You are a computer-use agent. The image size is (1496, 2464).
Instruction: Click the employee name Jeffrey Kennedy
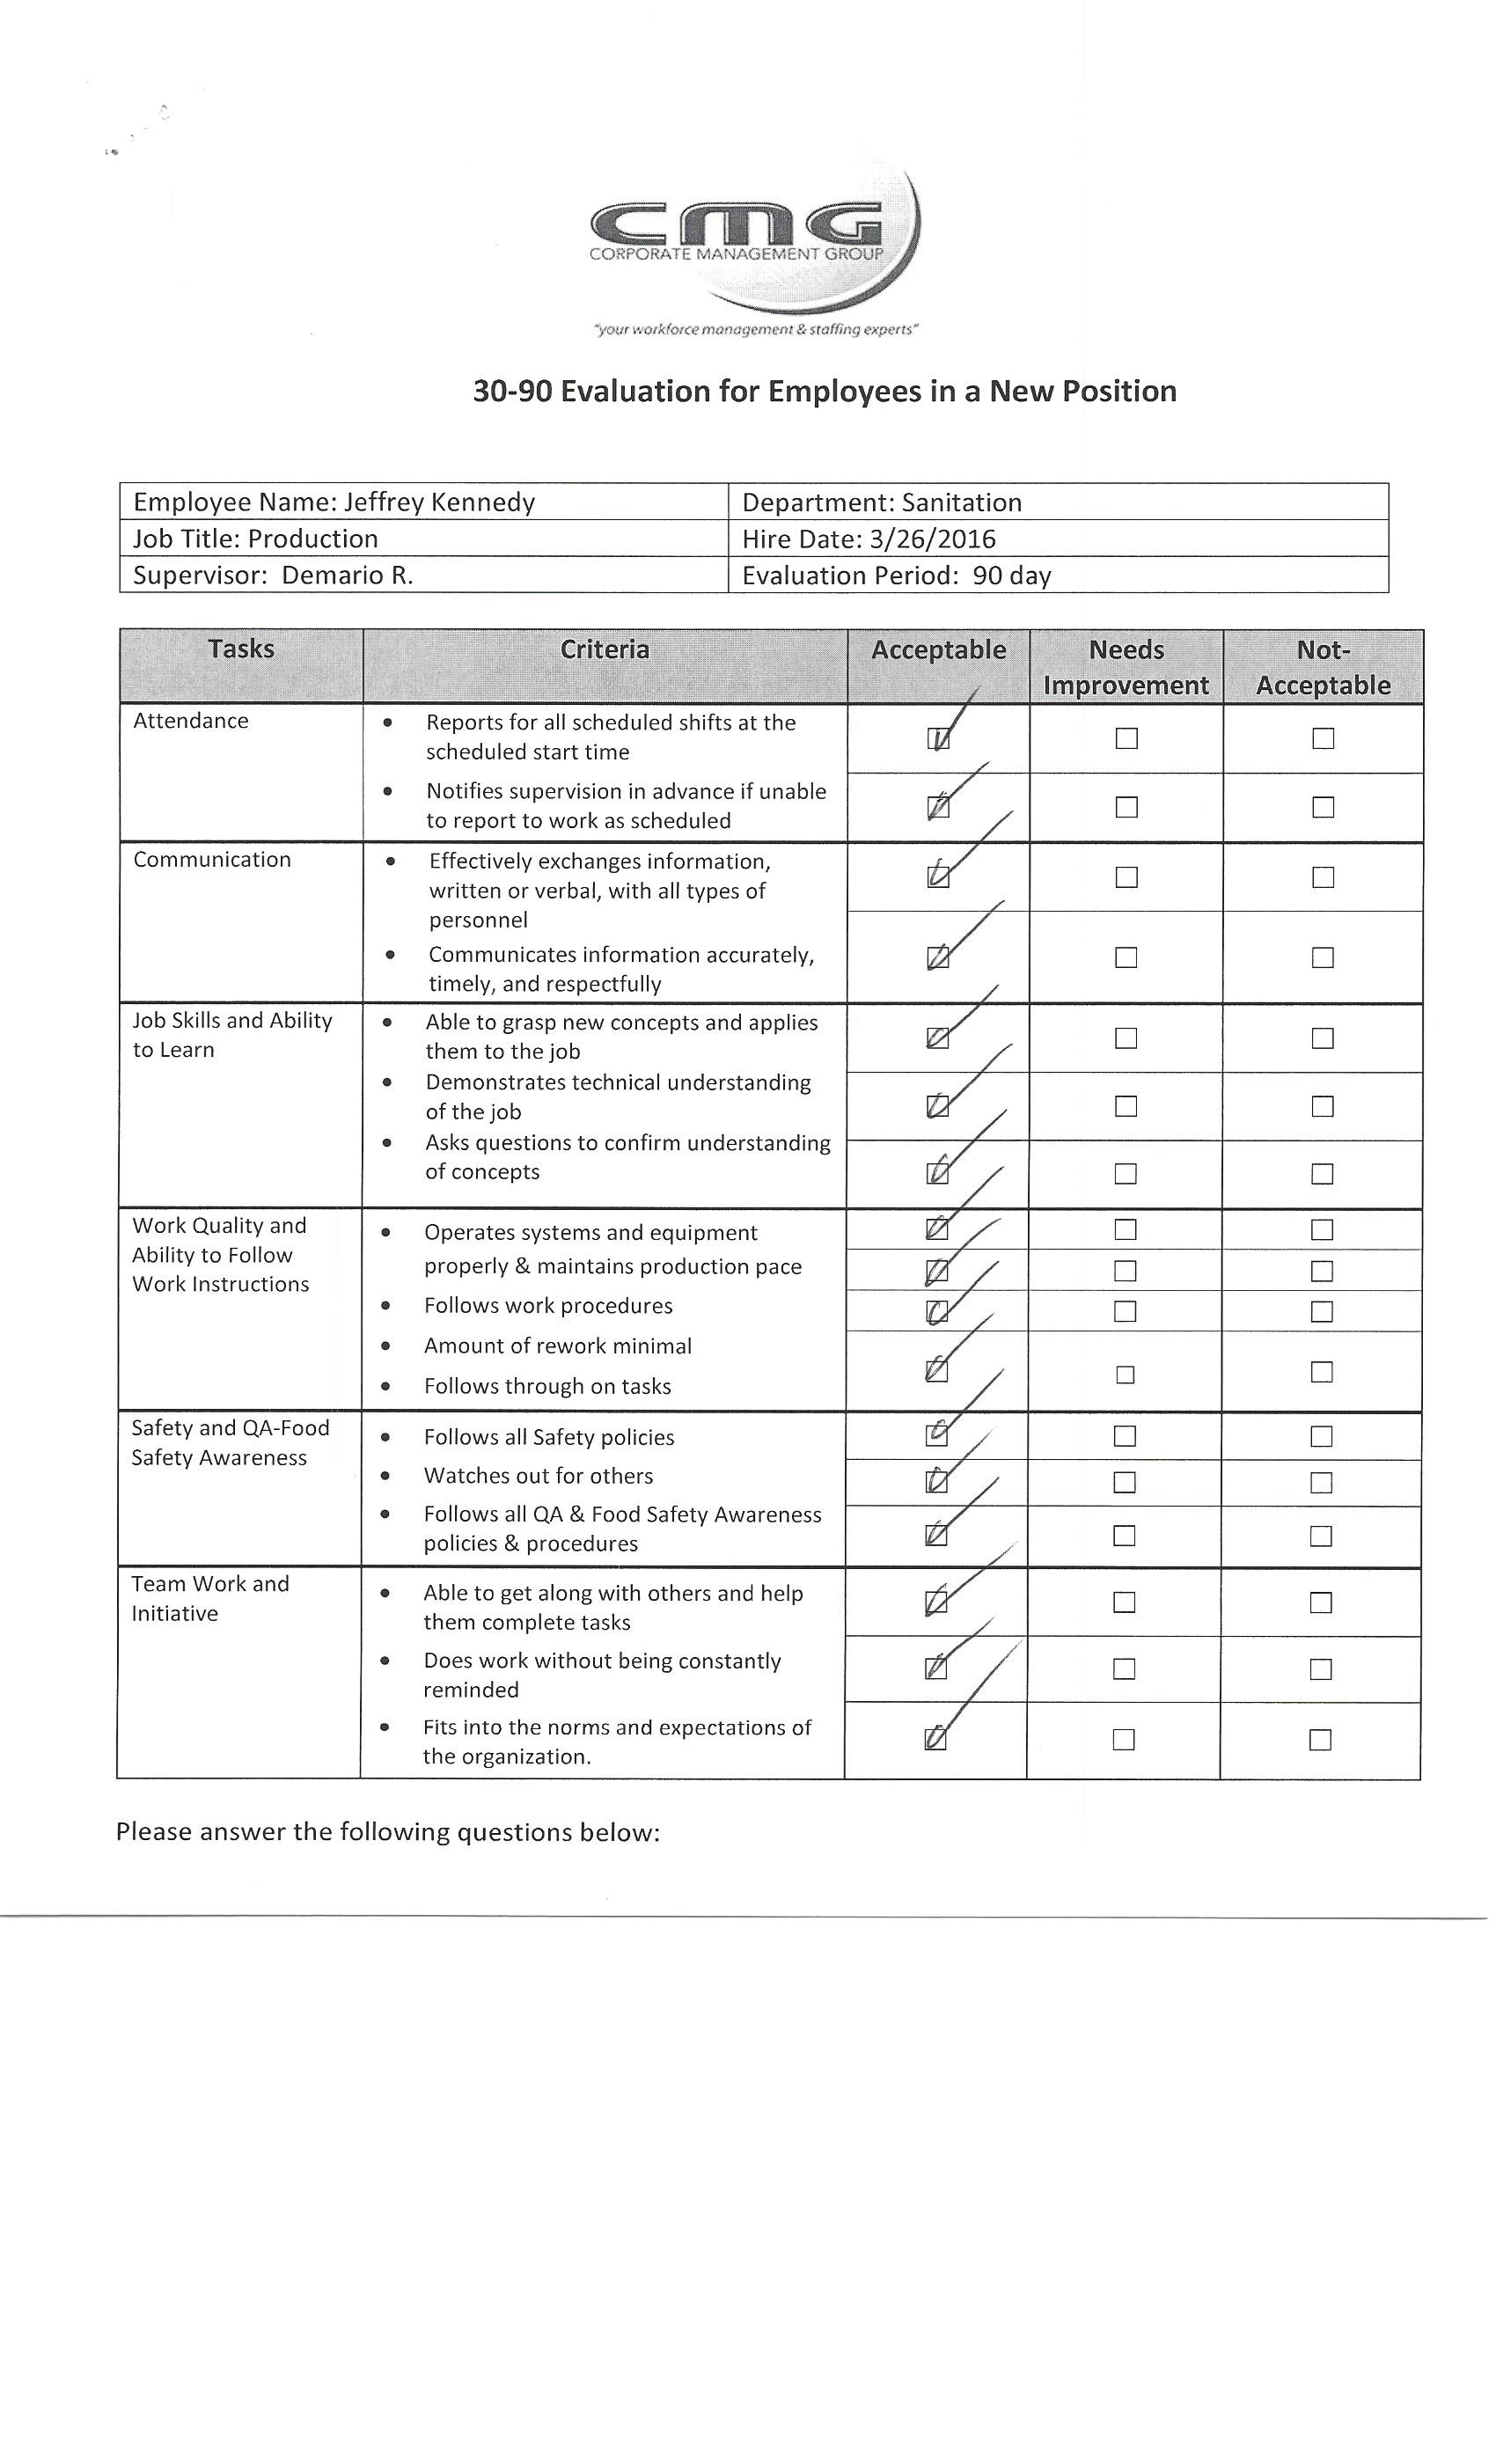click(439, 502)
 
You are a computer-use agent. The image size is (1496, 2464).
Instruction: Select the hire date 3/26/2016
click(932, 539)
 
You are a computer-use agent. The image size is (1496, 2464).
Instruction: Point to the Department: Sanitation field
click(881, 502)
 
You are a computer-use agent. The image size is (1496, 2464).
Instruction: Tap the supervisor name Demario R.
click(347, 575)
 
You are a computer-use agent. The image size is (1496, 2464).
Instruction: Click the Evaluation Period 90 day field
click(896, 575)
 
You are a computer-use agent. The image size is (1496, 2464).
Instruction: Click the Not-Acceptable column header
click(1322, 667)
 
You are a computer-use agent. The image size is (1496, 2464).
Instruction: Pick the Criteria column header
click(604, 650)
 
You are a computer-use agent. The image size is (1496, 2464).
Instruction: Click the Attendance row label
click(191, 721)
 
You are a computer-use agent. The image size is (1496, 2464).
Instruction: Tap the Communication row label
click(212, 860)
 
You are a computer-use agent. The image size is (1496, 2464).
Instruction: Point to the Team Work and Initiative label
click(210, 1598)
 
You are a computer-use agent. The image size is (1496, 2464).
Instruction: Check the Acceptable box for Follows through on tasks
click(936, 1371)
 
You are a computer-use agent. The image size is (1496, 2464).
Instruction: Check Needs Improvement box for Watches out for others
click(1124, 1482)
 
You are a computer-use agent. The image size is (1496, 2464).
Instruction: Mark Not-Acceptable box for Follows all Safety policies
click(1320, 1436)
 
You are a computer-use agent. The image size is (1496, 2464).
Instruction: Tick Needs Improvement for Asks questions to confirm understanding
click(1125, 1173)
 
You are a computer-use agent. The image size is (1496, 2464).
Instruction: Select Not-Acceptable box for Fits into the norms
click(1319, 1740)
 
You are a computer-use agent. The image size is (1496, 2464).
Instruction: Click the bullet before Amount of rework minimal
click(385, 1346)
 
